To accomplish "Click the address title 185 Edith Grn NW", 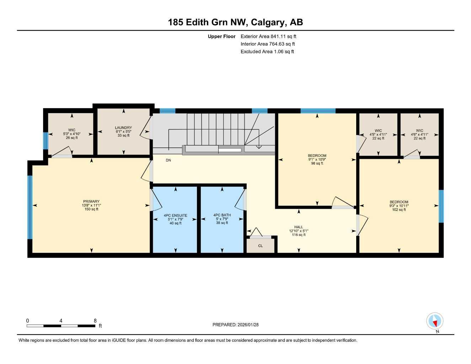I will point(235,22).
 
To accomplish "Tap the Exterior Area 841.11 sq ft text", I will point(268,36).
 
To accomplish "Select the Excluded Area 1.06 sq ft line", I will point(267,52).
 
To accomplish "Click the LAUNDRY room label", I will point(123,128).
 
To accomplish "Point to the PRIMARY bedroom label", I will point(91,202).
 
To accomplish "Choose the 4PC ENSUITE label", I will point(175,215).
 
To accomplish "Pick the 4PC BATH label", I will point(222,215).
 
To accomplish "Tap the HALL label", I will point(299,227).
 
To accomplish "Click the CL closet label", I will point(261,246).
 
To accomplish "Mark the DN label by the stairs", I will point(168,160).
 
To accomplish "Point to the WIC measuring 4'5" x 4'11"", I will point(378,134).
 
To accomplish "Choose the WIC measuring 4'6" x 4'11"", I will point(419,134).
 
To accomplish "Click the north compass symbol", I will point(434,321).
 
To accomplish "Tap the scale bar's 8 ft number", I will point(95,321).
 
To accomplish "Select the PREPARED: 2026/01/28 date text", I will point(235,325).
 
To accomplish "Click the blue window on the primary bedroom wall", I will point(30,207).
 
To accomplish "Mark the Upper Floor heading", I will point(221,36).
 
